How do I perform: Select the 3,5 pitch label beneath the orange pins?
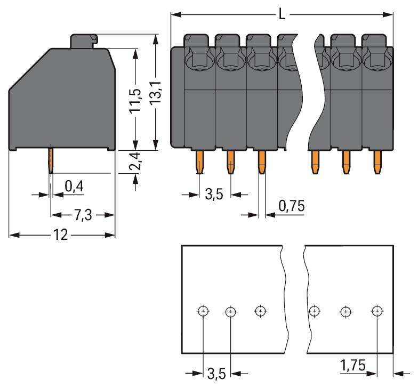[x=214, y=195]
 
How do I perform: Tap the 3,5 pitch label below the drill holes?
[x=216, y=374]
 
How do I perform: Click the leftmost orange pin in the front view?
[x=199, y=161]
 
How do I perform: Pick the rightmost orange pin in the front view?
[x=378, y=162]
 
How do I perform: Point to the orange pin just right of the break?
[x=315, y=162]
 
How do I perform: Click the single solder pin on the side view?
[x=51, y=159]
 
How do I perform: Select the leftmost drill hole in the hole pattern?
[x=203, y=311]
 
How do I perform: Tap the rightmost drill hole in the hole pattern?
[x=377, y=310]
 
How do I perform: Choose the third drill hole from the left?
[x=260, y=310]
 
